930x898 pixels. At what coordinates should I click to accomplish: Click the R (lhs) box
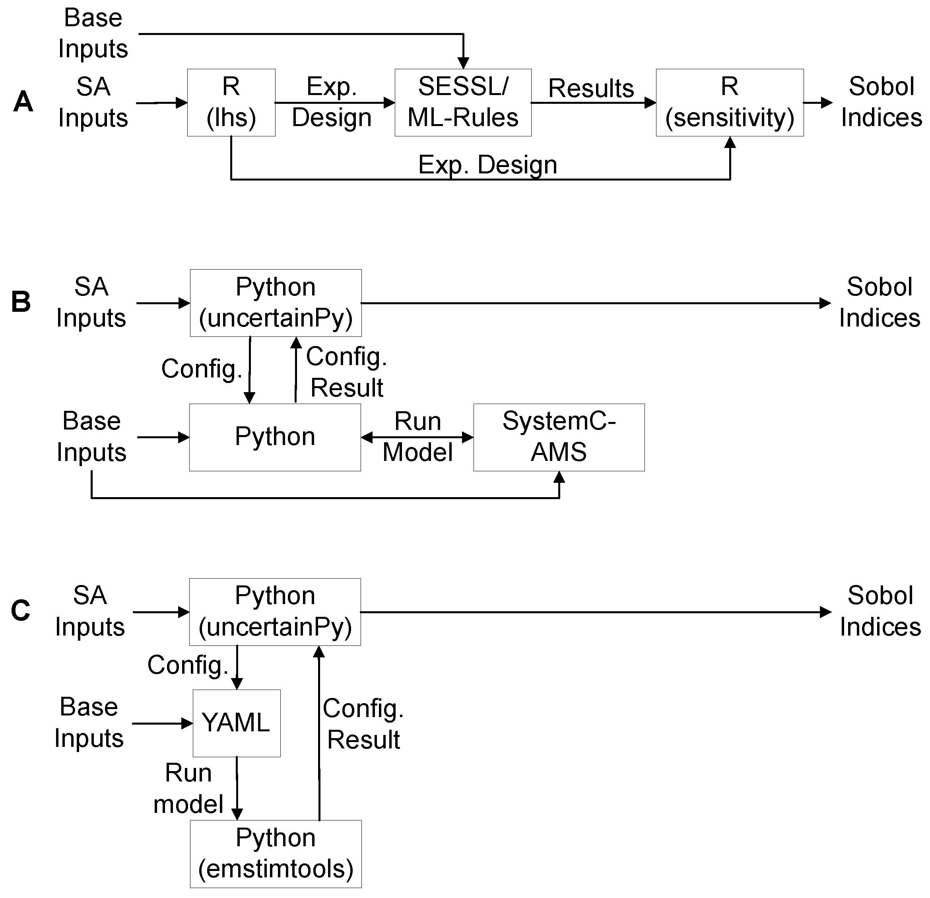point(231,103)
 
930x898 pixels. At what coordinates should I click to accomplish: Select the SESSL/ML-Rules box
point(463,103)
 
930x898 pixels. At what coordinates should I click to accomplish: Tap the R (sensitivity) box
point(729,103)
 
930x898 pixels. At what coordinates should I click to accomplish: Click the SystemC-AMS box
point(559,437)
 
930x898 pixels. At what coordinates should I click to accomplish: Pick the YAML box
point(236,723)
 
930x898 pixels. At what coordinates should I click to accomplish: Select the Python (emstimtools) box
point(276,853)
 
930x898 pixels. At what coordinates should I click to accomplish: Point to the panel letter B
point(21,302)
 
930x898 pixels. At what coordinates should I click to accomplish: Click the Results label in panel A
point(591,88)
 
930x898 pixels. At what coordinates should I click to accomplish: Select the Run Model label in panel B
point(417,437)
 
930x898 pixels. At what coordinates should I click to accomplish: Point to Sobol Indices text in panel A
point(881,102)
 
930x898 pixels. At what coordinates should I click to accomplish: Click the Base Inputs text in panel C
point(89,722)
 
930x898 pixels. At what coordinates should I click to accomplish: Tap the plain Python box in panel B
point(275,437)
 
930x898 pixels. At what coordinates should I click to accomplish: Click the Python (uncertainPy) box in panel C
point(275,611)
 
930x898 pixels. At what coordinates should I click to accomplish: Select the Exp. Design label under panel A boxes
point(487,165)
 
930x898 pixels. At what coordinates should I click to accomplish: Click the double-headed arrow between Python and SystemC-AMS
point(417,437)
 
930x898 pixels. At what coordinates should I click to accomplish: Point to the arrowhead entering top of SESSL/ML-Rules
point(463,63)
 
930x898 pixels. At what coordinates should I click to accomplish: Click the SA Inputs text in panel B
point(91,302)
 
